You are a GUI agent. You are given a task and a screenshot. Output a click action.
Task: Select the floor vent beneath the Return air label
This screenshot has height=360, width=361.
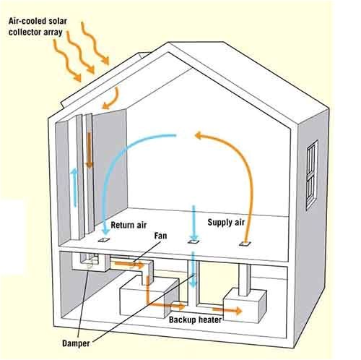click(x=103, y=239)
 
